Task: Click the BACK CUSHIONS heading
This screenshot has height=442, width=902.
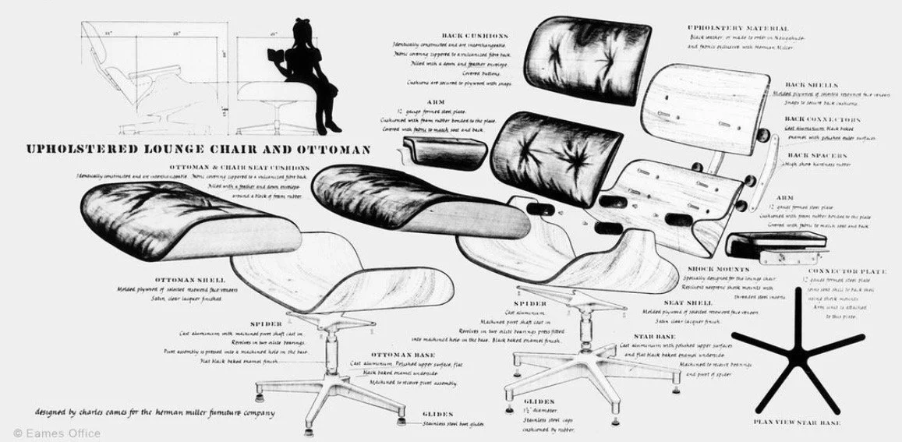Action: point(475,36)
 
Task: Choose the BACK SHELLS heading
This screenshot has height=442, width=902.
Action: point(811,84)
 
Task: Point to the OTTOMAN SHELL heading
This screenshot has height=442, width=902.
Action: point(190,279)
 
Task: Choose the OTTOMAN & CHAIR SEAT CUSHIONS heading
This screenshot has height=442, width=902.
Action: point(237,167)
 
